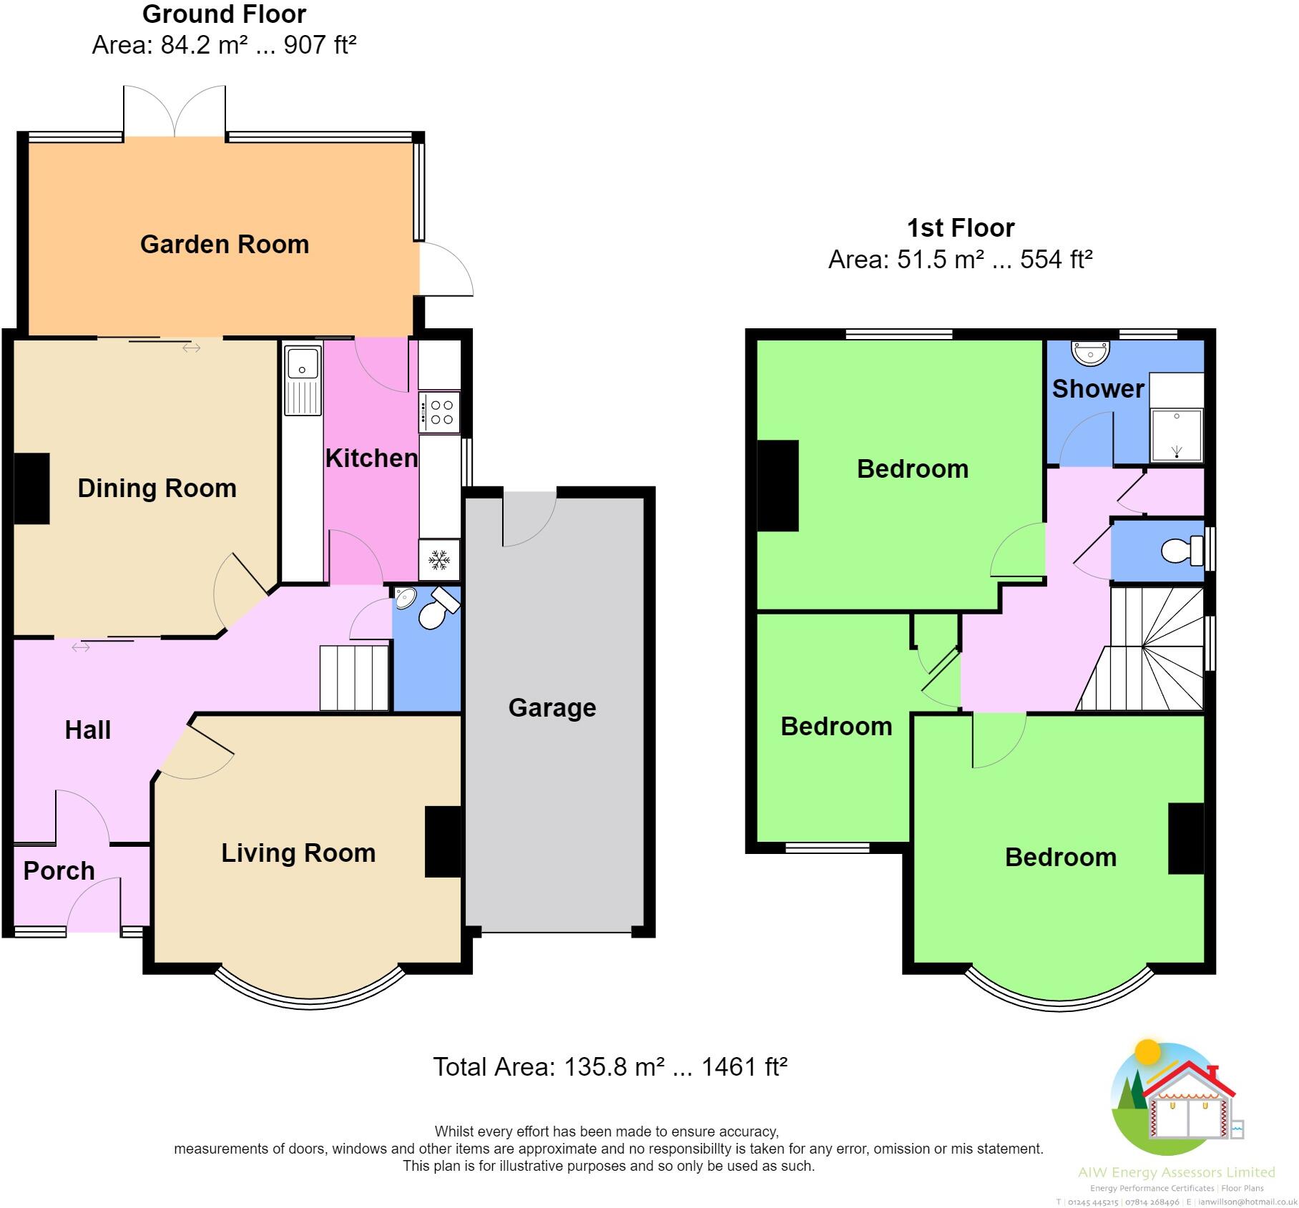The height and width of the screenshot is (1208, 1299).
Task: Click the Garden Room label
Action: point(225,244)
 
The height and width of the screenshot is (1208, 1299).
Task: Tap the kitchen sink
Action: point(303,380)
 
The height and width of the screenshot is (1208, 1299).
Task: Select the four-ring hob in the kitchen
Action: point(439,413)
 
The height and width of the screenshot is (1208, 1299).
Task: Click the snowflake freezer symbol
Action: point(438,559)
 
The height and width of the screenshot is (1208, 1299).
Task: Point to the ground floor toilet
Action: point(438,609)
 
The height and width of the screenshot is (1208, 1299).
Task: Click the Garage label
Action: point(552,707)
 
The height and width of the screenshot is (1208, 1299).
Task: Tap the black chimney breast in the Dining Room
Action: point(32,488)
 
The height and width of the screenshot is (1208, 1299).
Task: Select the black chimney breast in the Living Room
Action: point(443,842)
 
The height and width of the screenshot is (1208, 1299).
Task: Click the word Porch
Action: point(59,870)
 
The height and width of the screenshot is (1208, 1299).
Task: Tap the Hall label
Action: point(88,730)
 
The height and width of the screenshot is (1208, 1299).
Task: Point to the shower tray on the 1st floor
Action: point(1177,435)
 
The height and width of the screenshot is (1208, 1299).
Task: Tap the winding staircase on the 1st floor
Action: point(1142,649)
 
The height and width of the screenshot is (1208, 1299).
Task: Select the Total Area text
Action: point(610,1067)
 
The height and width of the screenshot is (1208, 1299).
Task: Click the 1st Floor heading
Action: point(961,227)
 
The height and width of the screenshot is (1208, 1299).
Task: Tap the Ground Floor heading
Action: point(225,14)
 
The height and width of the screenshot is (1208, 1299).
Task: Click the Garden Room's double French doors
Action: point(175,111)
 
